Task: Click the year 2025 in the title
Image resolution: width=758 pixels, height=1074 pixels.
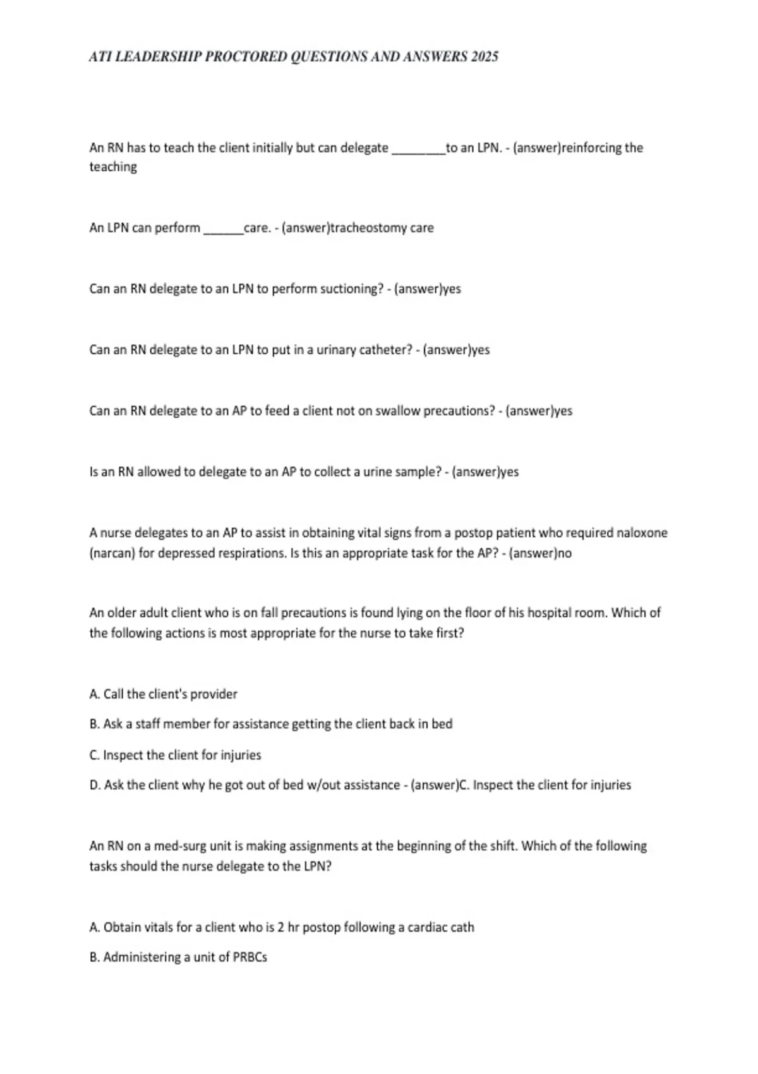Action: [x=484, y=57]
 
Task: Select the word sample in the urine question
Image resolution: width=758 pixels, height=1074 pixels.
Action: [x=419, y=473]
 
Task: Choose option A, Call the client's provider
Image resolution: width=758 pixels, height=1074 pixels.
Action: [x=164, y=694]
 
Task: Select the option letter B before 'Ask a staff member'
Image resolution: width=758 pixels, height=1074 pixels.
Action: [x=95, y=724]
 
